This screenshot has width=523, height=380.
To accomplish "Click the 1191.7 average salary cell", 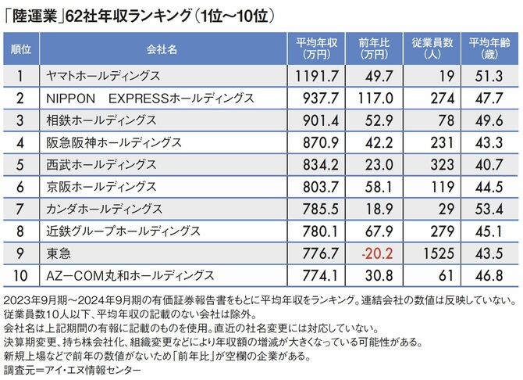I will [x=316, y=76].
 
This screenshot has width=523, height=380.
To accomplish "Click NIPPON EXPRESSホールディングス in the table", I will [x=148, y=99].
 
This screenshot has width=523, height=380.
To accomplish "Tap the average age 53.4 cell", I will [x=491, y=210].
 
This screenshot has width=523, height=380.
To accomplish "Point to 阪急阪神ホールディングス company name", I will [x=114, y=143].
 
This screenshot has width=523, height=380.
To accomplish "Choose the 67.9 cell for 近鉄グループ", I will [x=379, y=232].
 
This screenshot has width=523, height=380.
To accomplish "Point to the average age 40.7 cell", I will [x=491, y=165].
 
